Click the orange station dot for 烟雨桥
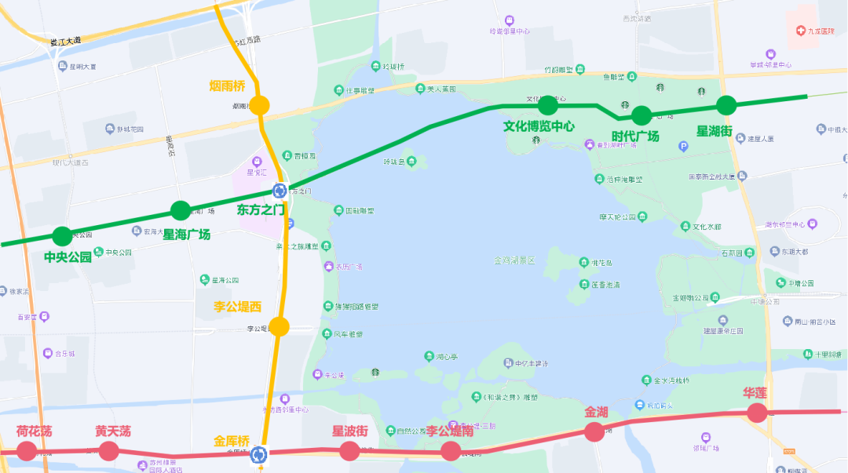coord(260,105)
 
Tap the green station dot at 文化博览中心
coord(547,104)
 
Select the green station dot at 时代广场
coord(641,115)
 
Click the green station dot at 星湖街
coord(726,104)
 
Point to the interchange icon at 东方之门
coord(280,191)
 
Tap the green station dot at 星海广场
coord(181,210)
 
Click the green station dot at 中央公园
coord(62,235)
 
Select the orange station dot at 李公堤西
coord(279,326)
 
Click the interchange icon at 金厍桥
coord(260,453)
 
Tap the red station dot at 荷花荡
coord(27,451)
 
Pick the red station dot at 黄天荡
coord(108,451)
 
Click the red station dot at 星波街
coord(349,450)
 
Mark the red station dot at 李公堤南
coord(450,451)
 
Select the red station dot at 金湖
coord(594,431)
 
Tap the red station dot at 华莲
coord(756,413)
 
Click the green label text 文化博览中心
coord(539,126)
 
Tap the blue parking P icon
coord(683,146)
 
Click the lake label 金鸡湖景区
coord(514,260)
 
